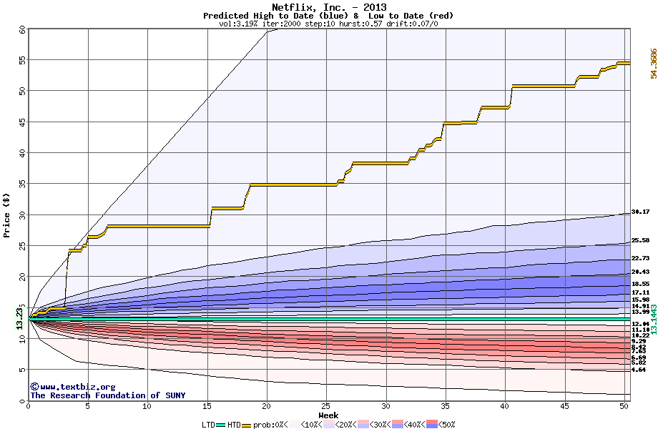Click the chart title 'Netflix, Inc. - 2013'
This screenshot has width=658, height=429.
pos(328,7)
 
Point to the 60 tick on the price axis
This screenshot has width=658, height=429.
pos(21,29)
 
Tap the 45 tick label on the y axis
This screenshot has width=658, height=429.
pos(21,122)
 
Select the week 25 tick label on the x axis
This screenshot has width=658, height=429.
pos(325,406)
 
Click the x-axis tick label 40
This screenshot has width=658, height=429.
pos(504,406)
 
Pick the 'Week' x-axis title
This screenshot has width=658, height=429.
pos(328,415)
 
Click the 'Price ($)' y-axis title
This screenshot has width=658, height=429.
pos(7,214)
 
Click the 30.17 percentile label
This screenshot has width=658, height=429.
pos(640,212)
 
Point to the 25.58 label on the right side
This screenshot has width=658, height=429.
pos(640,240)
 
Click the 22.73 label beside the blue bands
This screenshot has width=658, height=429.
pos(640,258)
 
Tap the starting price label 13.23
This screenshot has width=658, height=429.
pos(20,319)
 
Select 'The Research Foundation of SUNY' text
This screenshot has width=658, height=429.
pos(107,395)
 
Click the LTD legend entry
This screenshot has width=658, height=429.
pos(209,424)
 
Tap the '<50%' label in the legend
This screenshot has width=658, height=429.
pos(446,424)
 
